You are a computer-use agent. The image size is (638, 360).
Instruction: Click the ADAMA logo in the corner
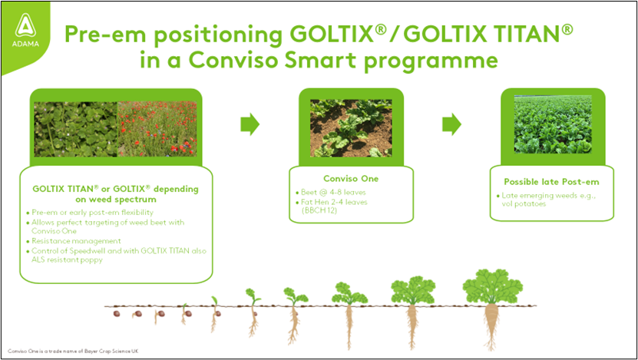coord(25,30)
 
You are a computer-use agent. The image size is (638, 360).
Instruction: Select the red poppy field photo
coord(157,129)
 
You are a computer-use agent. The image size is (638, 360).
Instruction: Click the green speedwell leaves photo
coord(76,129)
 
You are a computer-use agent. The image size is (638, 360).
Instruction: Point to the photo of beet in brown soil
coord(351,128)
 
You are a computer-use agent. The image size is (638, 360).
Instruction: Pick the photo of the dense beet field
coord(553,124)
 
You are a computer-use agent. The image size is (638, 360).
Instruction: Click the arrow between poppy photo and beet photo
coord(250,124)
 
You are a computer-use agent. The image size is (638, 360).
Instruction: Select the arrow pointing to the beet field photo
coord(451,124)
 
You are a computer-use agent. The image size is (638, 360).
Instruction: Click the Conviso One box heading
coord(351,179)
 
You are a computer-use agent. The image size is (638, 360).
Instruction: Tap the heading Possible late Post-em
coord(551,182)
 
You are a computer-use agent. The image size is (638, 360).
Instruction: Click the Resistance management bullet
coord(73,241)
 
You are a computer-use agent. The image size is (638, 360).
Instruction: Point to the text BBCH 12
coord(319,210)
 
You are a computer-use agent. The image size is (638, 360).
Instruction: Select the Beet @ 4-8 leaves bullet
coord(330,192)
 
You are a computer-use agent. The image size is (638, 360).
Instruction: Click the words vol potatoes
coord(524,203)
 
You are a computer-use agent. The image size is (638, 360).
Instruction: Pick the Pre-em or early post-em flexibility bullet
coord(90,213)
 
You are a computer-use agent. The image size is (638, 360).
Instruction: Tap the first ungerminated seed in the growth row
coord(117,314)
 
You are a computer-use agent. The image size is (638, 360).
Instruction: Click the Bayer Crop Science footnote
coord(73,351)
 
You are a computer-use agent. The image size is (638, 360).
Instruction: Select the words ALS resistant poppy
coord(67,259)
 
